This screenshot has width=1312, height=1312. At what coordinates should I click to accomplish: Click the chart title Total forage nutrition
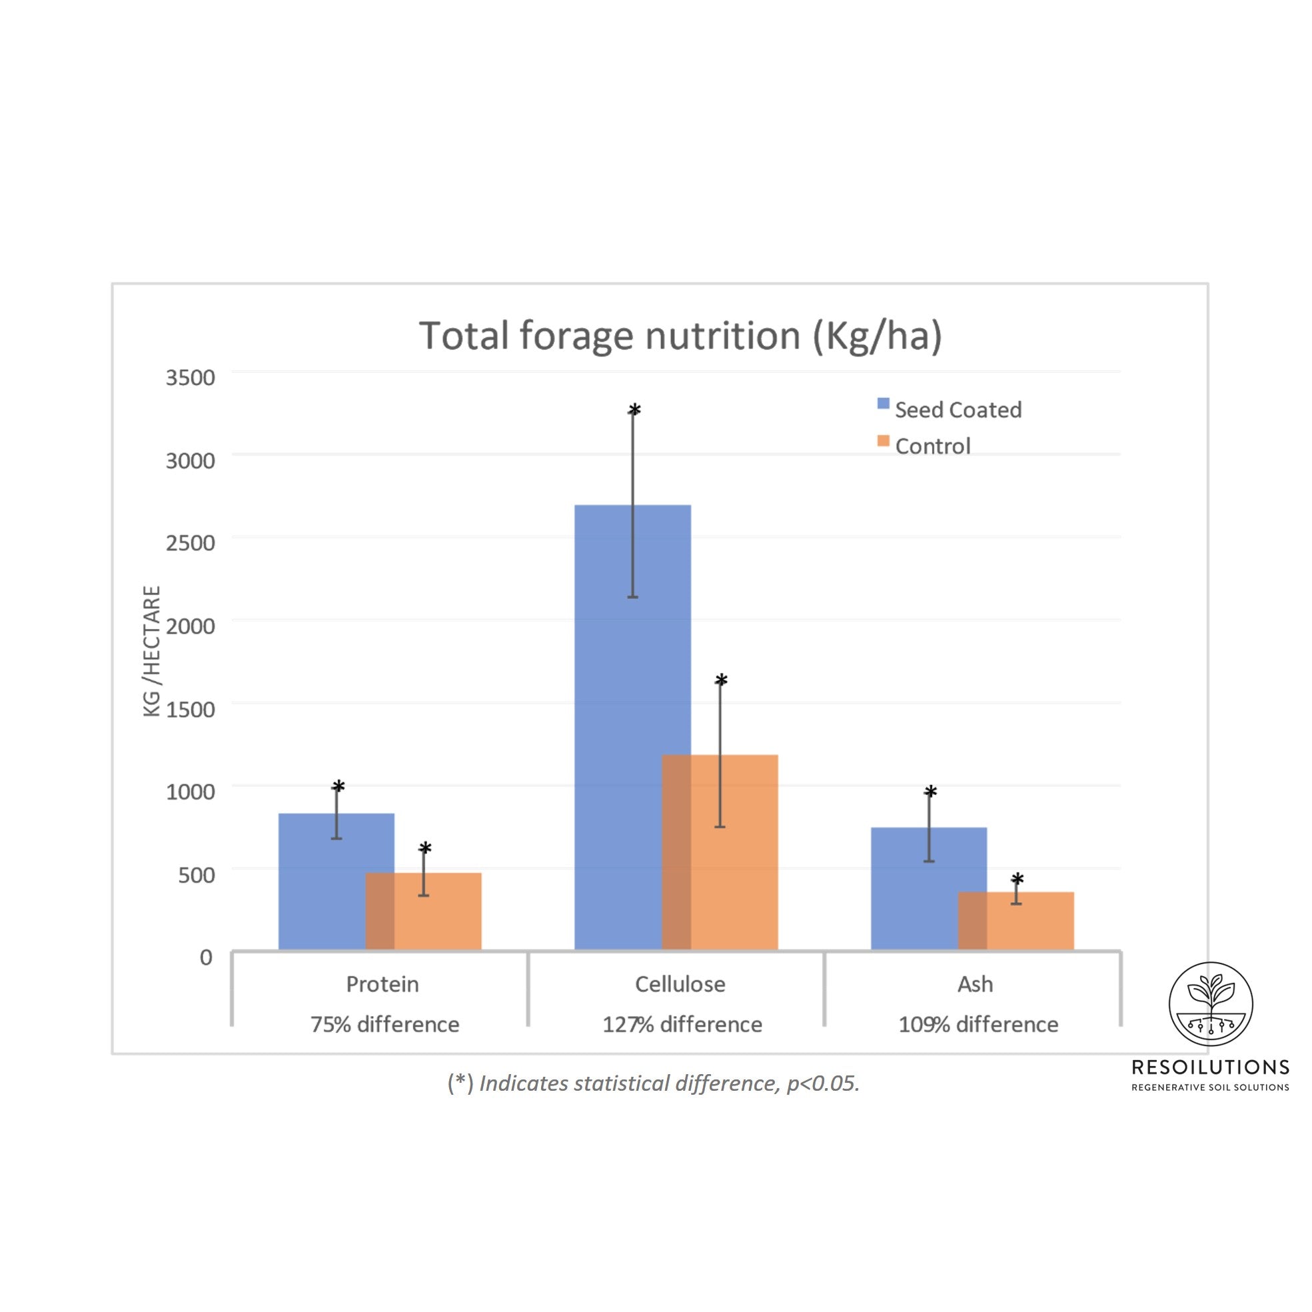(x=680, y=335)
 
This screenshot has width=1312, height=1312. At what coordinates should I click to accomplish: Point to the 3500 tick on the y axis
(x=190, y=378)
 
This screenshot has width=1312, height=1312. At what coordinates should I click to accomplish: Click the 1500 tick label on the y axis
(x=190, y=709)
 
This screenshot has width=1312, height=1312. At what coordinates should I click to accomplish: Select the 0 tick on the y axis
(x=206, y=958)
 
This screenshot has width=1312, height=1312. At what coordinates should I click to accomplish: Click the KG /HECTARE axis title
(x=151, y=650)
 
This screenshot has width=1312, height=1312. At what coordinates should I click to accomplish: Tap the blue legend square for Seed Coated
(x=883, y=403)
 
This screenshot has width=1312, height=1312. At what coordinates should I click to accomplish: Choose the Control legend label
(x=932, y=446)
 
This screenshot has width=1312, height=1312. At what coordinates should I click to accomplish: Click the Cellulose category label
(x=680, y=984)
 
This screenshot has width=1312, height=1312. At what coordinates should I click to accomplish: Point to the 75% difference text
(x=384, y=1024)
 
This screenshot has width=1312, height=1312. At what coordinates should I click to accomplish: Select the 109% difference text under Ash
(x=978, y=1024)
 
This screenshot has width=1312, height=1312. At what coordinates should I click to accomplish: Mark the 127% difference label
(x=682, y=1024)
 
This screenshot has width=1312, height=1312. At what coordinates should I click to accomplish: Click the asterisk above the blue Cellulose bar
(x=634, y=410)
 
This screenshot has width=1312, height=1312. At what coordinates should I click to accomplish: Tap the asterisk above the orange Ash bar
(x=1017, y=880)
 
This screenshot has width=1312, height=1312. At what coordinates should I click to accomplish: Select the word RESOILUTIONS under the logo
(x=1210, y=1067)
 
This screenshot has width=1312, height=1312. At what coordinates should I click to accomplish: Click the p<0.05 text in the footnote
(x=822, y=1083)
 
